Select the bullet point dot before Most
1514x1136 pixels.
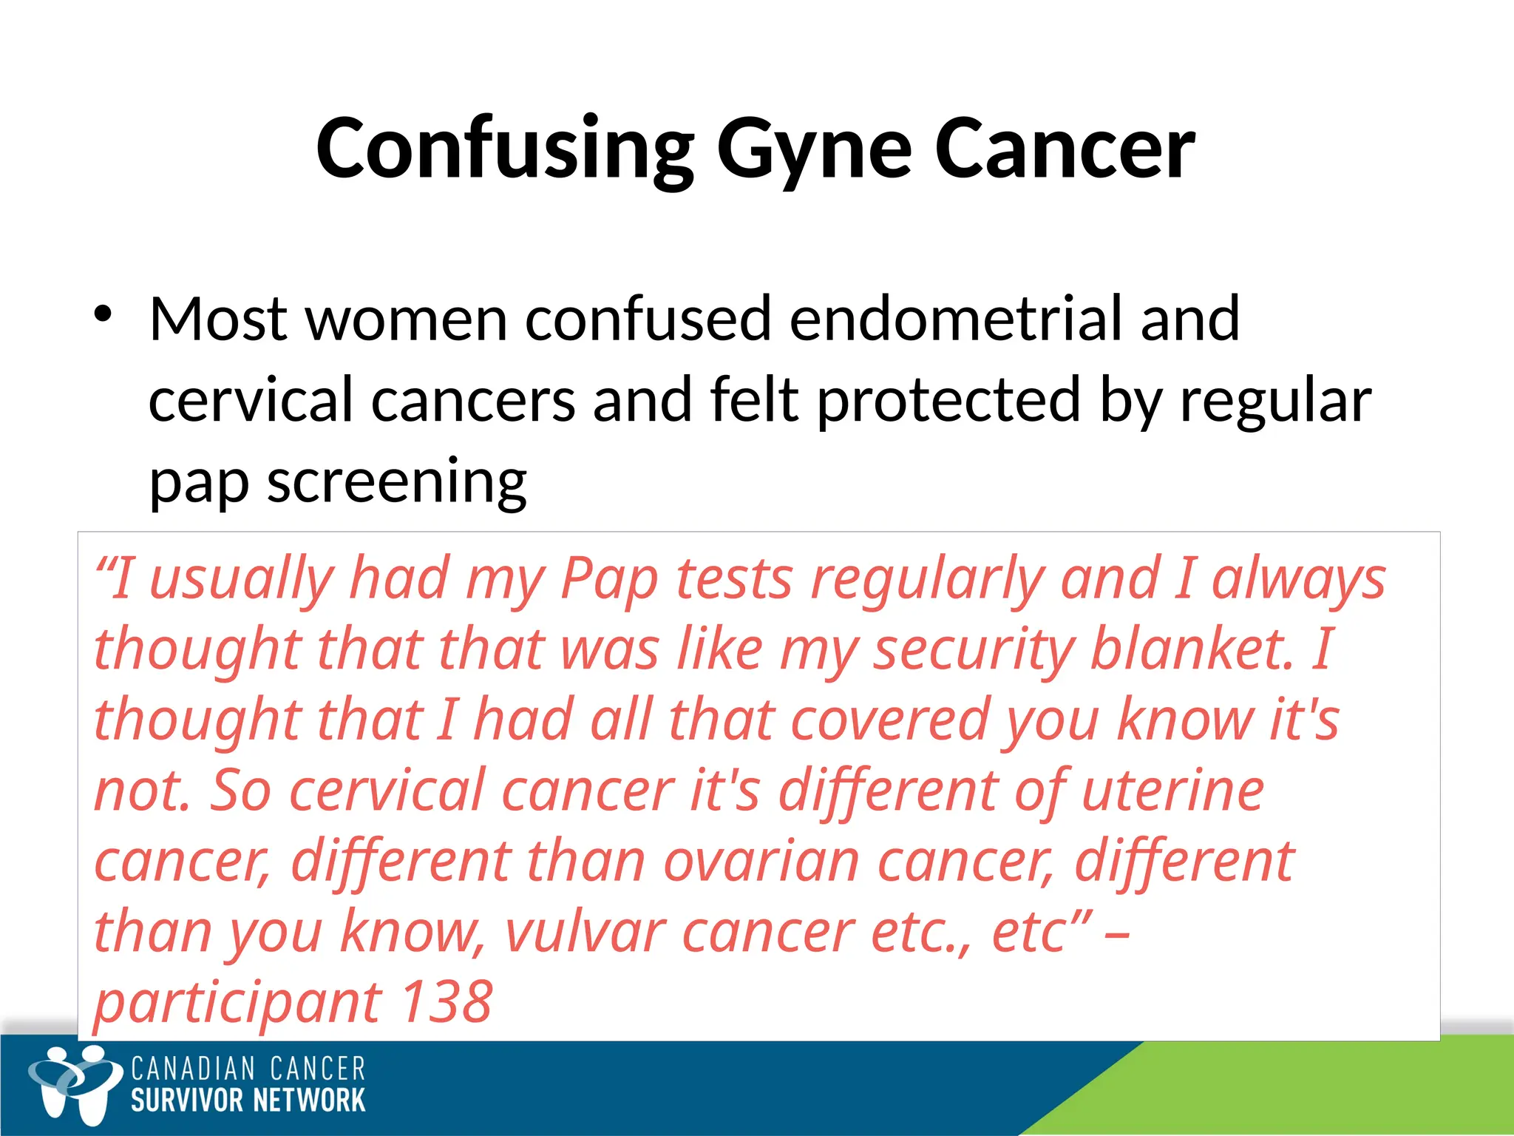[103, 314]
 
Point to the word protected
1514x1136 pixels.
[948, 401]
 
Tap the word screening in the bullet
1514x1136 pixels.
[396, 482]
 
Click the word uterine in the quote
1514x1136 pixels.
[1172, 791]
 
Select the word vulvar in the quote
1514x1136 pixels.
[585, 932]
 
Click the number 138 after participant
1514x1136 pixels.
[447, 1003]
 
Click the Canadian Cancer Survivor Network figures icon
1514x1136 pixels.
[74, 1084]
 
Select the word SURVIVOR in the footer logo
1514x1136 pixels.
[188, 1100]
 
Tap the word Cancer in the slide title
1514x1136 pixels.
[1065, 149]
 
